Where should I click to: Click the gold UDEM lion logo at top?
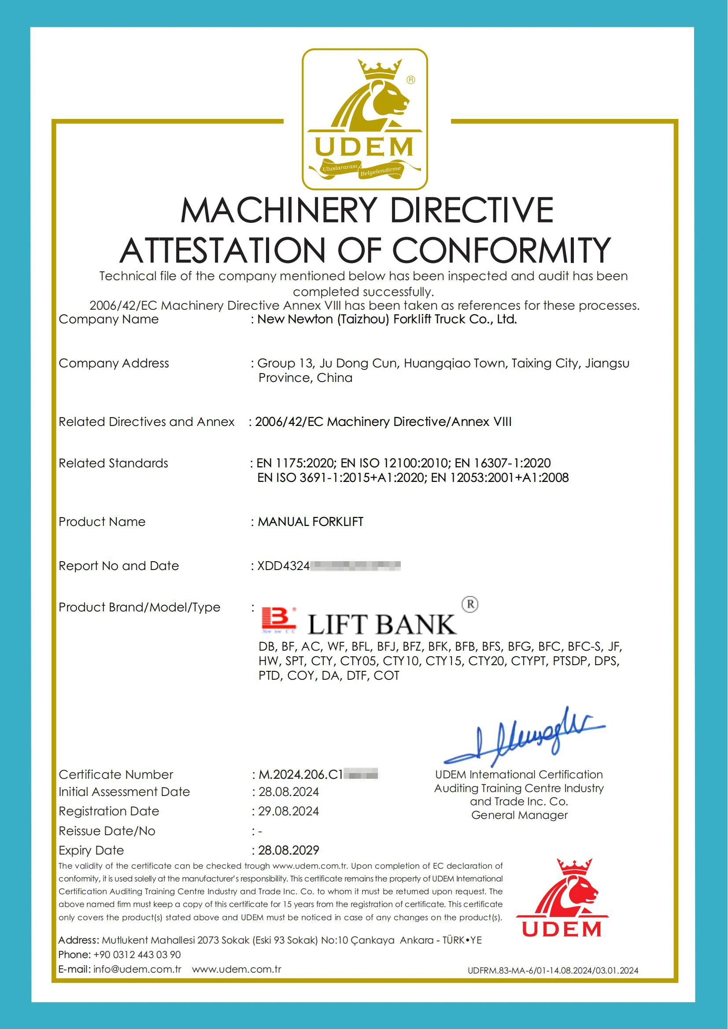(x=365, y=119)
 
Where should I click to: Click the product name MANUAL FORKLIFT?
(x=310, y=522)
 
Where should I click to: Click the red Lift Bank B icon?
(x=278, y=620)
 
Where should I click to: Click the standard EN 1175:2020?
(x=296, y=463)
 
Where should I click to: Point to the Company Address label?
(x=114, y=363)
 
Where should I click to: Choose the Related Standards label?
(x=114, y=463)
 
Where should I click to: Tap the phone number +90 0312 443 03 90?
(x=137, y=955)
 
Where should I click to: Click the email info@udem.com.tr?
(x=137, y=969)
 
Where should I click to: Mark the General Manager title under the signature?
(x=519, y=815)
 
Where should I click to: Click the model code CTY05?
(x=358, y=661)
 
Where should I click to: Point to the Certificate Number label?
(x=116, y=774)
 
